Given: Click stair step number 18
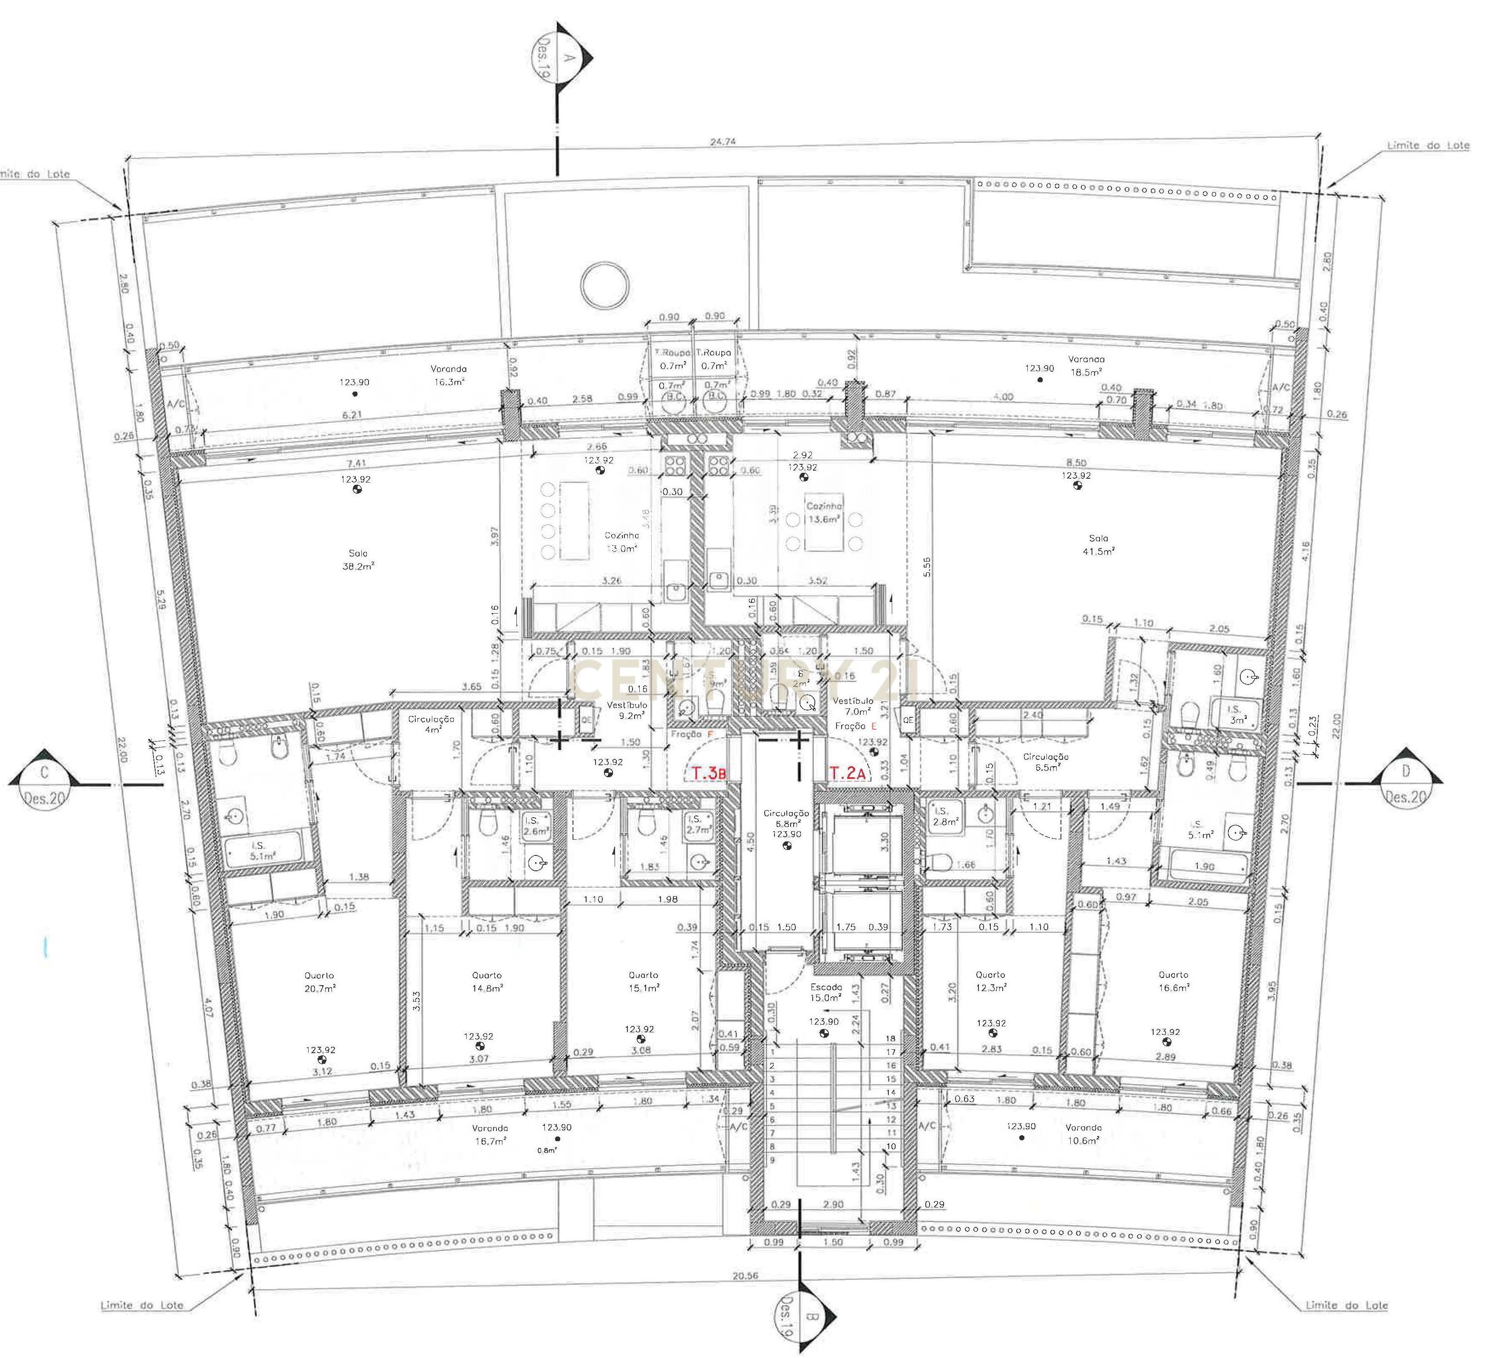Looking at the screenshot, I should [x=890, y=1037].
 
